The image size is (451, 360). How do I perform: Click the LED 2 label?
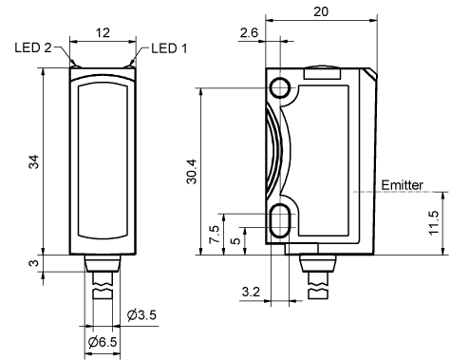click(33, 47)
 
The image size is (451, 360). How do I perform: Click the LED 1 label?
click(169, 48)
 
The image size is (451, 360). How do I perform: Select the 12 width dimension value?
click(103, 32)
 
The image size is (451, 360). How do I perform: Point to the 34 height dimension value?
click(34, 161)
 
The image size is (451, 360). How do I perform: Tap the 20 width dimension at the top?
click(321, 11)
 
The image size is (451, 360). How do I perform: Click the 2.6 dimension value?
click(249, 32)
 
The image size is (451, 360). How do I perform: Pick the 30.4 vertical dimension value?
click(192, 171)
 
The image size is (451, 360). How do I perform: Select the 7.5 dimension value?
click(215, 234)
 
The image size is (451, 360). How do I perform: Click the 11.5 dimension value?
click(434, 222)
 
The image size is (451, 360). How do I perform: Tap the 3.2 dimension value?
click(251, 292)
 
